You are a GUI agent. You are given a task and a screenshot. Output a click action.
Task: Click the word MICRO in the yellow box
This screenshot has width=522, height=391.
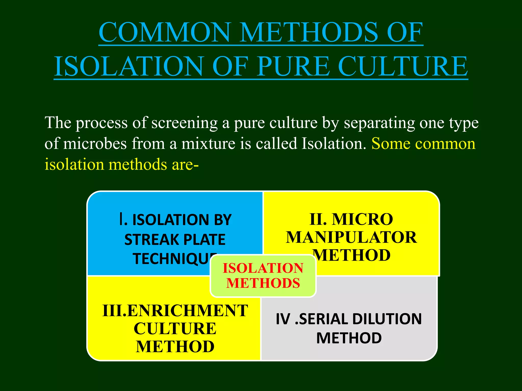(x=362, y=219)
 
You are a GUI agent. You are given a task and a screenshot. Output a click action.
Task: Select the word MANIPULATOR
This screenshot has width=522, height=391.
(x=351, y=238)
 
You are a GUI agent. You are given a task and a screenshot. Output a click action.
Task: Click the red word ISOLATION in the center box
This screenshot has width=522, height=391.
(x=263, y=268)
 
